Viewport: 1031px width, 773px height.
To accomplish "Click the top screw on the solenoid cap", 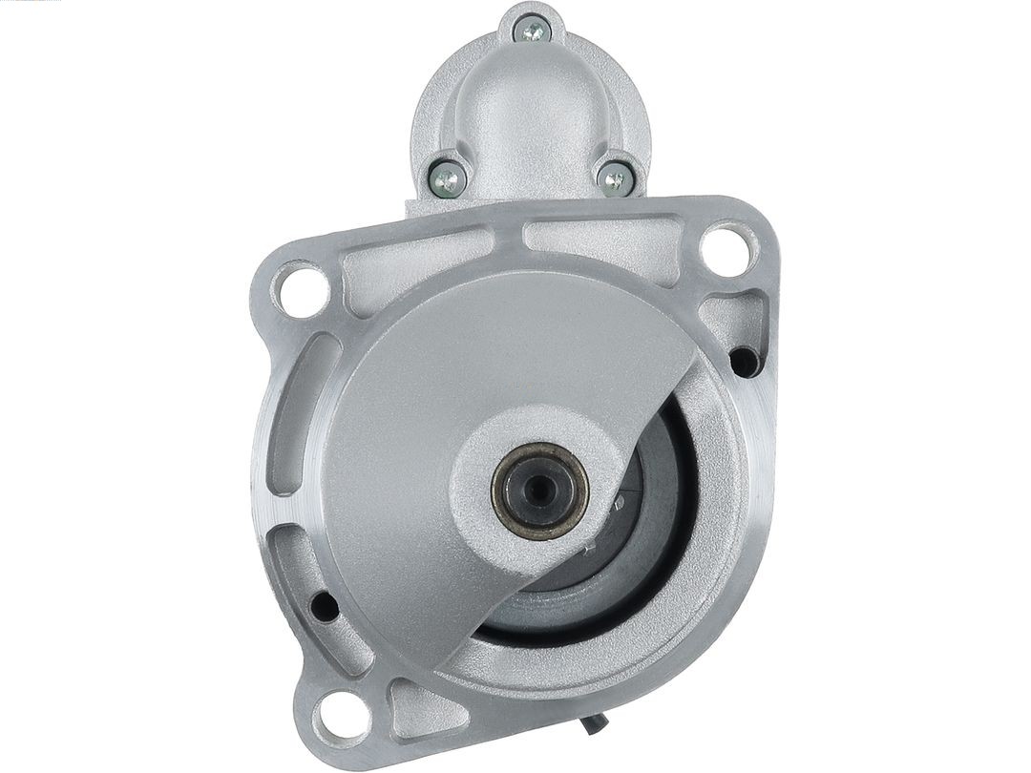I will (532, 31).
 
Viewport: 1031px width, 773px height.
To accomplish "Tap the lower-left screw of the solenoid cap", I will (447, 177).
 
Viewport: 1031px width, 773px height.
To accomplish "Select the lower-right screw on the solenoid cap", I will (615, 178).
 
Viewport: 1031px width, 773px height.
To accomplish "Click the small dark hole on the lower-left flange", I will (324, 606).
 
